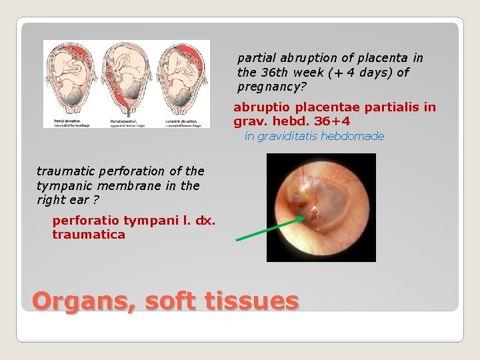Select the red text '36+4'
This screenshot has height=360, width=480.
point(333,121)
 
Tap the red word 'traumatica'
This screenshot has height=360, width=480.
point(89,235)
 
